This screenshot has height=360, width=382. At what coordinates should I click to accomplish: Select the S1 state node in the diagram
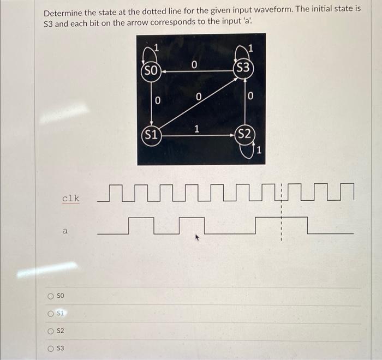pos(151,135)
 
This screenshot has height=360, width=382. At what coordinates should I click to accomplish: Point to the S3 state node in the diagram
pos(244,68)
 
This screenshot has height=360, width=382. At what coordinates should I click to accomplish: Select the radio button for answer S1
pos(50,314)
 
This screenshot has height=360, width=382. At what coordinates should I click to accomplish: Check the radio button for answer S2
pos(50,331)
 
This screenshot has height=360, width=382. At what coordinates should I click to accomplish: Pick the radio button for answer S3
pos(50,349)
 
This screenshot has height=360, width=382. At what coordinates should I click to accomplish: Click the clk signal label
pos(70,198)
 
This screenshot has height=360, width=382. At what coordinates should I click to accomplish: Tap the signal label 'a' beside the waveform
pos(65,231)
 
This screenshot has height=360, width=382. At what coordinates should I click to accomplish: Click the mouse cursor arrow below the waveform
pos(198,237)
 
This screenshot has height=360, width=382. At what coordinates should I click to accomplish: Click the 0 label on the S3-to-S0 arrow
pos(194,65)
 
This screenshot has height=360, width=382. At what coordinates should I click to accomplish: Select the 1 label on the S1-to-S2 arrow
pos(196,129)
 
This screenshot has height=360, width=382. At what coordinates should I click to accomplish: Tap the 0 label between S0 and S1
pos(157,101)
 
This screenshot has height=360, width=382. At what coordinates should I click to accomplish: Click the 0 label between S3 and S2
pos(250,97)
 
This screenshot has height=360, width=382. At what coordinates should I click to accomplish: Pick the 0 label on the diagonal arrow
pos(199,97)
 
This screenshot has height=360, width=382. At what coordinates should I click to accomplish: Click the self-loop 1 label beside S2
pos(260,151)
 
